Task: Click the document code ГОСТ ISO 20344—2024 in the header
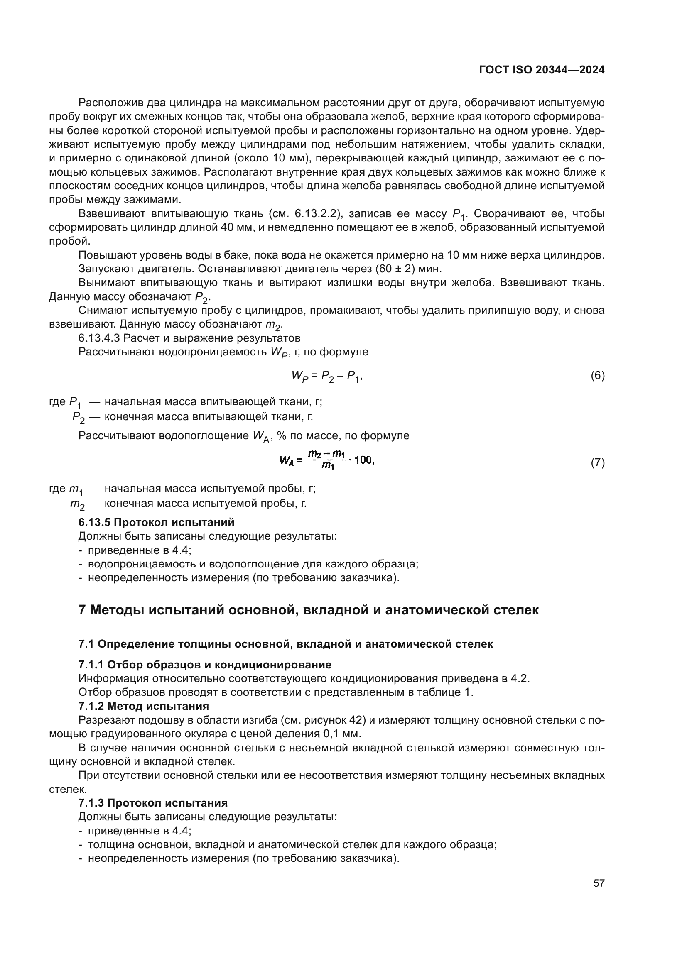[x=542, y=70]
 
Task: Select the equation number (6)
[x=597, y=376]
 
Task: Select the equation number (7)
[x=597, y=462]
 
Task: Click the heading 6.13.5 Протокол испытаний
[x=156, y=522]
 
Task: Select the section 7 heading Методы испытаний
[x=308, y=610]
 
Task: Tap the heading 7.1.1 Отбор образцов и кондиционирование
[x=205, y=665]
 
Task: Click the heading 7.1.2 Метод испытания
[x=143, y=706]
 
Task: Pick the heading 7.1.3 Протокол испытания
[x=153, y=803]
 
